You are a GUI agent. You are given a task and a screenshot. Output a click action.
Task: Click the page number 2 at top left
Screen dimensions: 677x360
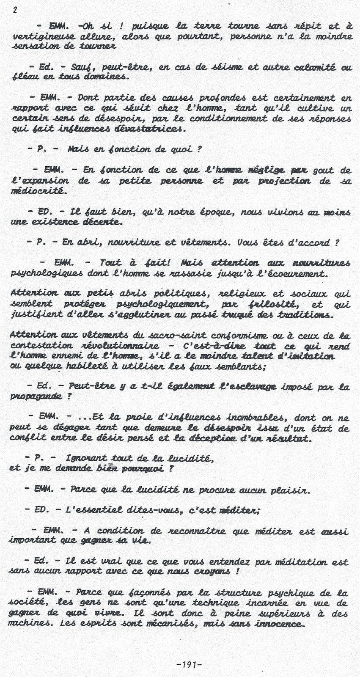(x=15, y=11)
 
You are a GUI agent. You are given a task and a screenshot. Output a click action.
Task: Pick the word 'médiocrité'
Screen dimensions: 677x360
(x=38, y=191)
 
